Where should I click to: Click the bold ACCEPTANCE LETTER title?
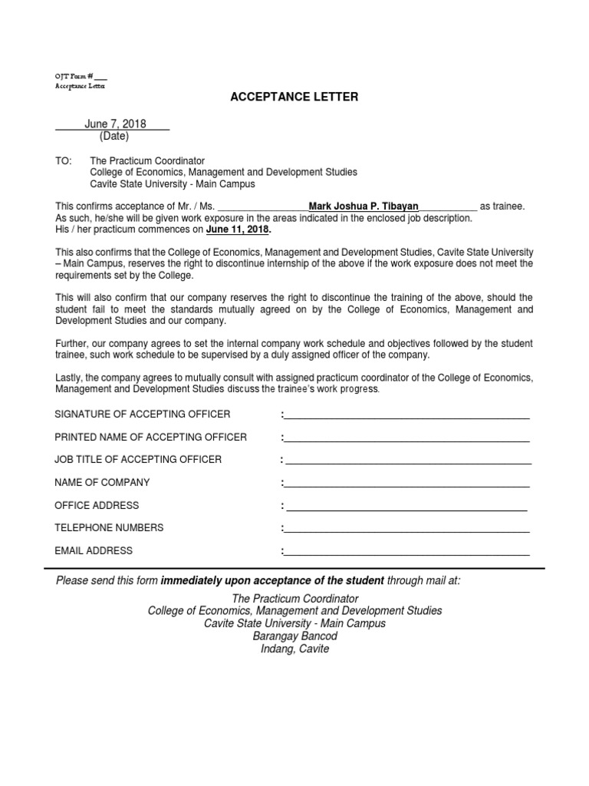click(x=295, y=97)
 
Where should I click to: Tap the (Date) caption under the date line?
click(x=114, y=137)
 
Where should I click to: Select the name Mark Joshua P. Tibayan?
click(x=364, y=206)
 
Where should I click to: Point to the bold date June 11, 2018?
click(x=238, y=230)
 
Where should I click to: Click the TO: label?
click(x=63, y=161)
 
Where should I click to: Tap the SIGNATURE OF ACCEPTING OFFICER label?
click(x=143, y=414)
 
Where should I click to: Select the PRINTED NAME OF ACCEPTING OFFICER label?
click(x=151, y=437)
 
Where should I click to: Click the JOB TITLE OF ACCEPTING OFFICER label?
click(x=138, y=460)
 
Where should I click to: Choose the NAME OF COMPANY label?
click(x=102, y=483)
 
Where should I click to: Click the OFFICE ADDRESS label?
click(x=97, y=505)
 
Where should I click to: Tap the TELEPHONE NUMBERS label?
click(x=109, y=528)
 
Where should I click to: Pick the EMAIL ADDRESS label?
click(x=94, y=550)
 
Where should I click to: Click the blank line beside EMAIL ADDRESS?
click(x=406, y=553)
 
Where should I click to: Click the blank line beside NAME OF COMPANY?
click(x=406, y=486)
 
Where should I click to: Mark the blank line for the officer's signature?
click(x=406, y=418)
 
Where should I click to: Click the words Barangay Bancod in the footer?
click(x=294, y=636)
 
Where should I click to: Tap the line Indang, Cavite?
click(x=294, y=649)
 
